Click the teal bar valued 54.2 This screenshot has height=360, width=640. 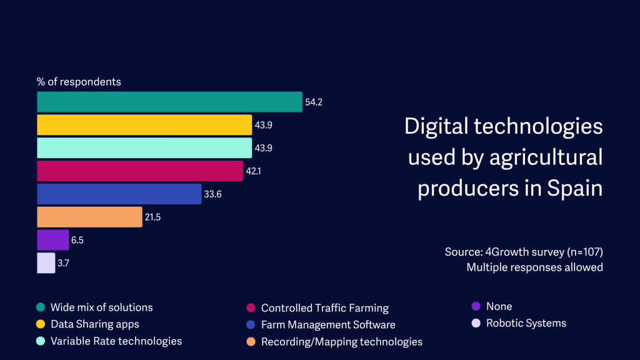[x=169, y=102]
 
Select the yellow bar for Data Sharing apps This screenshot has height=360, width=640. [x=144, y=125]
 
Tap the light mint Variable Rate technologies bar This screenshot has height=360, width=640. [x=144, y=148]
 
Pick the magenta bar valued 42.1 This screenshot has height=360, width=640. [x=140, y=171]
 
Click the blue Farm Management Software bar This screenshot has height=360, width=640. [x=119, y=194]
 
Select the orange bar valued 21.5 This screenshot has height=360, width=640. [x=89, y=217]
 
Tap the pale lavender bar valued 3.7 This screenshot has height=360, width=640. [x=46, y=263]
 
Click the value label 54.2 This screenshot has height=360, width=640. [x=313, y=102]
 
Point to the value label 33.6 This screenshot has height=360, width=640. [x=212, y=194]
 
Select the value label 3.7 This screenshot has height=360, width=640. [x=63, y=263]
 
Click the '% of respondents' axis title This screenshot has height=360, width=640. [x=79, y=82]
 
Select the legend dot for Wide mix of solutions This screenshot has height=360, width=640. [x=41, y=307]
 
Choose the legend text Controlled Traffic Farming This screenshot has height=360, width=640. [x=325, y=307]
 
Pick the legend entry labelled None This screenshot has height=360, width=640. [x=499, y=306]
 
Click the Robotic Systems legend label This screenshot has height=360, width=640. [x=526, y=323]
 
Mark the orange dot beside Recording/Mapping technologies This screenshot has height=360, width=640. [x=251, y=341]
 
